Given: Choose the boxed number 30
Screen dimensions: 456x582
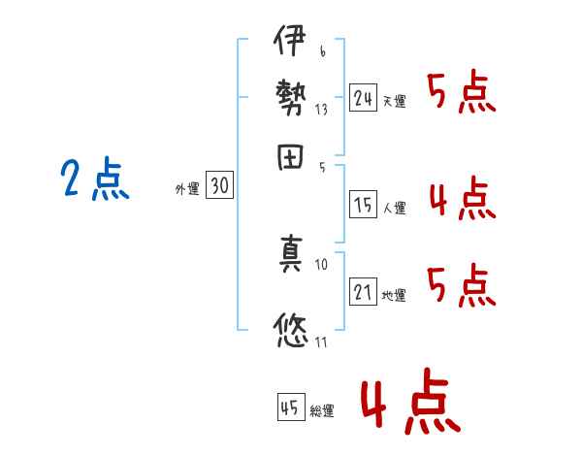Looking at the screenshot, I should (x=220, y=187).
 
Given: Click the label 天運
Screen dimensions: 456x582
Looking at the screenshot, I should (x=394, y=101).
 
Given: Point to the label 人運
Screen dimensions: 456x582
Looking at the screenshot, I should (x=394, y=208).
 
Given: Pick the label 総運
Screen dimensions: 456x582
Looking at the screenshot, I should (x=322, y=410).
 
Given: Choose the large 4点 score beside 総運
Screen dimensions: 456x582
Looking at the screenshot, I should (x=408, y=403).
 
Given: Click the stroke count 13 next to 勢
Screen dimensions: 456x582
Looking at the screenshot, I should (x=321, y=109).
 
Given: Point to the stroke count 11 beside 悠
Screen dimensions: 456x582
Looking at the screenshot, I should (x=320, y=341).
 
